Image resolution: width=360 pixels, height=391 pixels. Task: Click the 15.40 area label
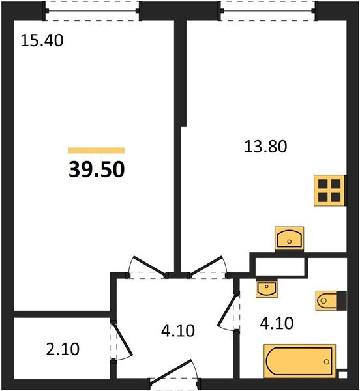[42, 40]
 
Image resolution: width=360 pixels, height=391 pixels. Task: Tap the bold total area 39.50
[97, 169]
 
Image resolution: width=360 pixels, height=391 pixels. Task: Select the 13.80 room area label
[265, 147]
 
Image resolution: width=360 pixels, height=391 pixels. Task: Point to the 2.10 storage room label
[63, 349]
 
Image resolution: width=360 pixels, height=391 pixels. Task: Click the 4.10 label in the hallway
[178, 330]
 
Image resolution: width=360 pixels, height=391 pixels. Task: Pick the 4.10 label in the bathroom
[277, 323]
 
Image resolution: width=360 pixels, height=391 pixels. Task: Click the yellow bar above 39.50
[97, 151]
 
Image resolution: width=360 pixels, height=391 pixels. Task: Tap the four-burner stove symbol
[329, 190]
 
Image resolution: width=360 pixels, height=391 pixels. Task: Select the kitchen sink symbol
[290, 238]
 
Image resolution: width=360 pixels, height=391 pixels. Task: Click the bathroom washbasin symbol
[267, 289]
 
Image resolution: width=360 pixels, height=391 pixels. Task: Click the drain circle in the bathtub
[326, 362]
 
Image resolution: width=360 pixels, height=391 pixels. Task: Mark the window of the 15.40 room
[92, 10]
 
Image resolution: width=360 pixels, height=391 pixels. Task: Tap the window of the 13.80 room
[268, 10]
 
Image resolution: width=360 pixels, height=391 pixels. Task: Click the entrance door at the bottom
[171, 370]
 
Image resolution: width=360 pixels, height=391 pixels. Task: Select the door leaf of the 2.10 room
[122, 338]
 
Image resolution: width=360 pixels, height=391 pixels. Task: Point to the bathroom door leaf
[227, 310]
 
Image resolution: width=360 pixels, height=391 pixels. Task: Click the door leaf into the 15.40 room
[149, 265]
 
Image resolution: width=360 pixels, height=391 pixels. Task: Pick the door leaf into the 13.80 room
[205, 265]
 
